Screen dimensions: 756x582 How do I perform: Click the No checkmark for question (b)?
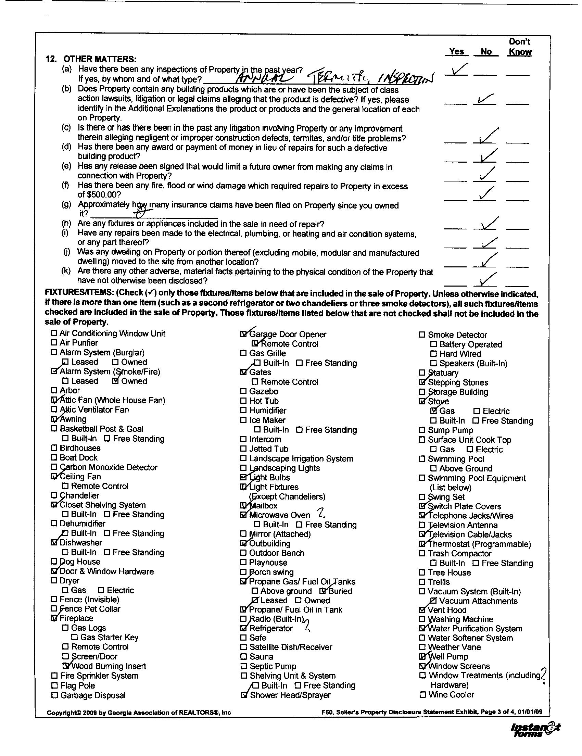click(x=485, y=100)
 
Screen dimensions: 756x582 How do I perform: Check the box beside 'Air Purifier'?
click(x=54, y=343)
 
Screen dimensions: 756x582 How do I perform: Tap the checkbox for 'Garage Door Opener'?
click(x=244, y=335)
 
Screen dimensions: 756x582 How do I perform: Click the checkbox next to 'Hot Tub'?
click(x=244, y=401)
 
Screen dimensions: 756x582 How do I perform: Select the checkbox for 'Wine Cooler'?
click(x=422, y=694)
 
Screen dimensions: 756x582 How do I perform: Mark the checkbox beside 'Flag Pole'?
click(x=54, y=685)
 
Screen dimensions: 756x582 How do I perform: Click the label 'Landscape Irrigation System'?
click(x=301, y=459)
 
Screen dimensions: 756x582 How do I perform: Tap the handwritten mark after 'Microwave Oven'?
click(x=324, y=512)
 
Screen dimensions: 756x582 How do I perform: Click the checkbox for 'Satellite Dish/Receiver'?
click(x=244, y=647)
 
